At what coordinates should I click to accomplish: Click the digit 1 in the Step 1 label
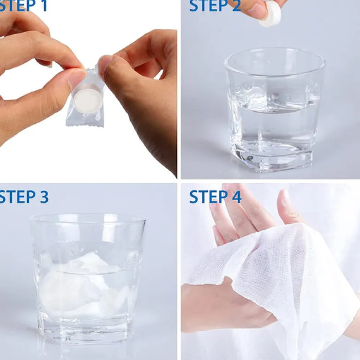pyautogui.click(x=44, y=5)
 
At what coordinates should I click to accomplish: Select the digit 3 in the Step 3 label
pyautogui.click(x=44, y=197)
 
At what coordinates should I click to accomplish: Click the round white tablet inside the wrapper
pyautogui.click(x=88, y=100)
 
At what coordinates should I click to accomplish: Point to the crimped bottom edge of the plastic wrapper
pyautogui.click(x=84, y=124)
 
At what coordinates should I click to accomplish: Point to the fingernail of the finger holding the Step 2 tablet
pyautogui.click(x=256, y=9)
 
